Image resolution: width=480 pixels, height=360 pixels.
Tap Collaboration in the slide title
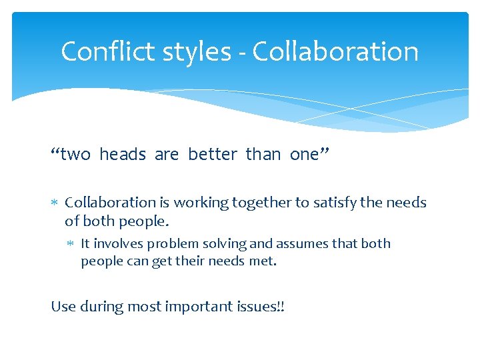(335, 51)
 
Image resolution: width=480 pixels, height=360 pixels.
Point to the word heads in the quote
(122, 155)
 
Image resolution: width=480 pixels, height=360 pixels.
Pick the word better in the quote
(212, 155)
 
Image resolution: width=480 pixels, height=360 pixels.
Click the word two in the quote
(75, 155)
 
